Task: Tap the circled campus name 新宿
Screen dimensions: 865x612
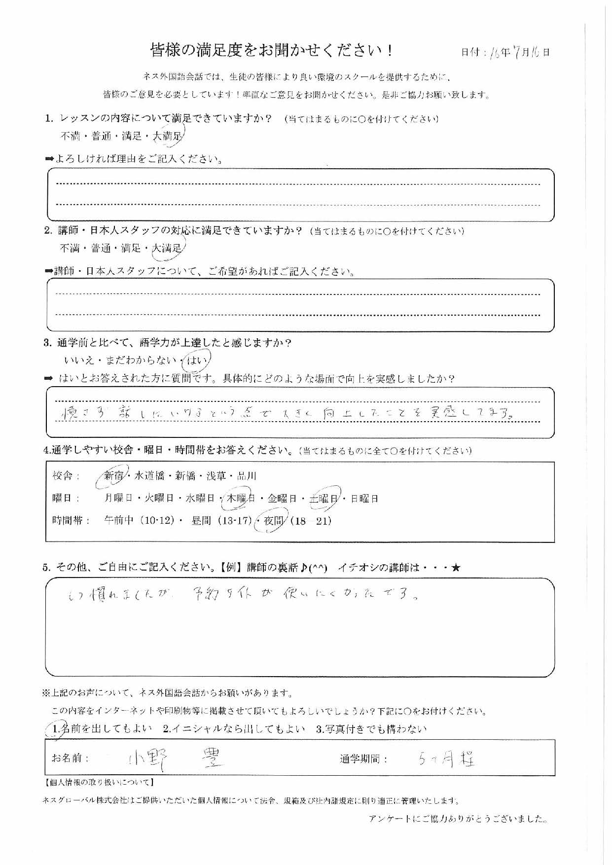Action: coord(114,476)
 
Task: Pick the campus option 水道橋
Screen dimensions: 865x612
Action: coord(149,476)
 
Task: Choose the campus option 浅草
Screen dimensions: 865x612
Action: coord(214,476)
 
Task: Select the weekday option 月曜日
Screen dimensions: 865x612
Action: coord(119,499)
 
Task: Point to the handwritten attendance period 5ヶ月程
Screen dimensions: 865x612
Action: coord(446,759)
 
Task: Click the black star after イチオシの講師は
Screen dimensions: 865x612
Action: coord(456,568)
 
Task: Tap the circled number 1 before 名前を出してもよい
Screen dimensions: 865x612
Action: coord(55,729)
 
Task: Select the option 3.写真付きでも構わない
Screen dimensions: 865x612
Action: coord(371,729)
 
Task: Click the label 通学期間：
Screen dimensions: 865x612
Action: coord(363,759)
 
